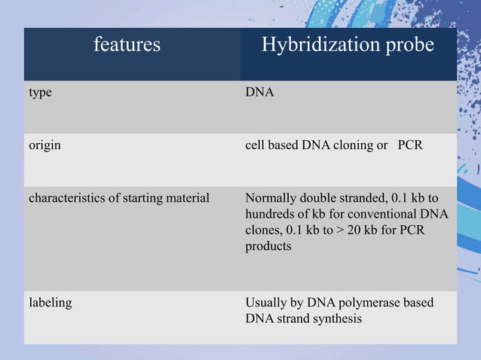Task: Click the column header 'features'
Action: click(127, 44)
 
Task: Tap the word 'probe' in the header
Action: click(407, 45)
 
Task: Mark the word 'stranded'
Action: click(360, 199)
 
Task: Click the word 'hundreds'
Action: click(271, 215)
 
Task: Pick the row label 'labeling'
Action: click(51, 303)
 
